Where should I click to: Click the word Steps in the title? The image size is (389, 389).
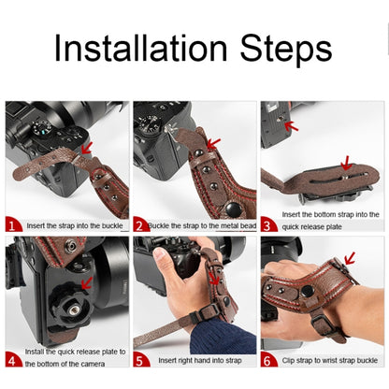281,48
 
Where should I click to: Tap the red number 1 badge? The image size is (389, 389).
13,225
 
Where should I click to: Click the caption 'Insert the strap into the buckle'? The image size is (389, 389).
75,225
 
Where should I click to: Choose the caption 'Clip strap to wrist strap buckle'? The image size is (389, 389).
330,360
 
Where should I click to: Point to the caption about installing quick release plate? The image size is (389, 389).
75,356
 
